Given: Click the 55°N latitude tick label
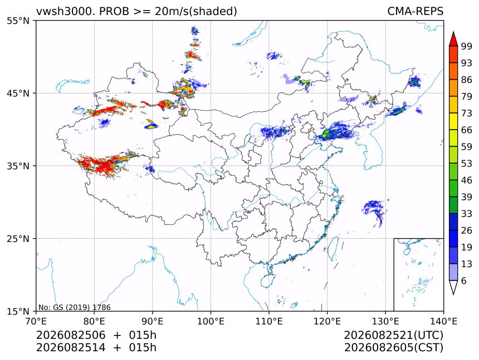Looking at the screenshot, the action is [x=17, y=21].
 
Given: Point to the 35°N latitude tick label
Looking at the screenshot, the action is [x=17, y=166].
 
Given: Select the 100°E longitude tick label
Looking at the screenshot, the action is [x=211, y=321].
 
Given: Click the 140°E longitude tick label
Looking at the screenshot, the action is [x=443, y=321].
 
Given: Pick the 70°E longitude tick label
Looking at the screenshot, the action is [x=36, y=321].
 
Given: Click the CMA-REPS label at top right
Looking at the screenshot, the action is [x=415, y=11].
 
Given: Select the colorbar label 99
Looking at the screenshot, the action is [x=467, y=46].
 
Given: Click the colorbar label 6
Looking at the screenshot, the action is [x=464, y=280].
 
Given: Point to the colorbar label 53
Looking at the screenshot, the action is [x=467, y=164].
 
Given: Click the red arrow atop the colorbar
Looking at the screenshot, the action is [x=453, y=38].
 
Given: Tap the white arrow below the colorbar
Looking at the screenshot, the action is [x=453, y=287].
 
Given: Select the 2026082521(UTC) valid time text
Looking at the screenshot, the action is [x=393, y=335].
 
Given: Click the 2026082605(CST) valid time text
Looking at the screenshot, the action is [x=393, y=348].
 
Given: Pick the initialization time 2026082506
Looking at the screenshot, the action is [x=71, y=335].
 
